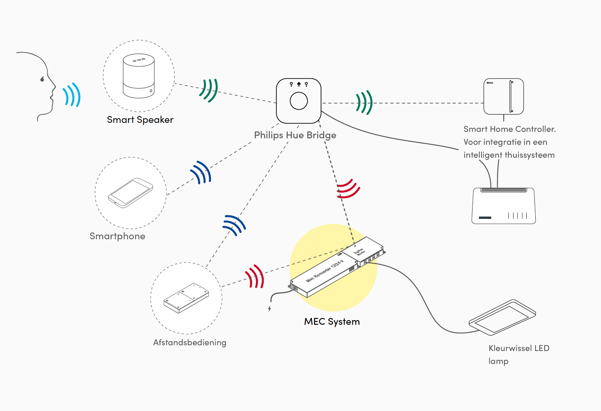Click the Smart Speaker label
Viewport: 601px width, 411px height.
point(140,120)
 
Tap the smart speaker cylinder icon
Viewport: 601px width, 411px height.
point(138,76)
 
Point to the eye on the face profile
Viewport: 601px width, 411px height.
point(42,79)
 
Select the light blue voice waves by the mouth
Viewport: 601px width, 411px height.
point(72,95)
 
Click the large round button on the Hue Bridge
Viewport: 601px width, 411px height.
point(299,101)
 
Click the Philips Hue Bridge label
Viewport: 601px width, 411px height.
point(295,135)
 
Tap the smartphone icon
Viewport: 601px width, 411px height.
point(131,193)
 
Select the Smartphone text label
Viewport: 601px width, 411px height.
point(117,236)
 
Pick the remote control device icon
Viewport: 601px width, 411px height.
point(186,298)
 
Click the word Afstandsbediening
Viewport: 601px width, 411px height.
point(189,342)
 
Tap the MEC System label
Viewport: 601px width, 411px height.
point(332,322)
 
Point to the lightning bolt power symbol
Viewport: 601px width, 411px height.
point(269,309)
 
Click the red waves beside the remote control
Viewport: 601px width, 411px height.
point(255,277)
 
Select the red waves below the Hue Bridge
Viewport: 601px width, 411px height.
point(348,189)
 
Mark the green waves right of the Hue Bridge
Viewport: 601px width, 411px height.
point(364,103)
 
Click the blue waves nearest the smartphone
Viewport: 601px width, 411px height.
point(201,172)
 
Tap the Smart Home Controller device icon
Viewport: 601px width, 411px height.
point(503,97)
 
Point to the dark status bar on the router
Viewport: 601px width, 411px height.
point(485,217)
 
